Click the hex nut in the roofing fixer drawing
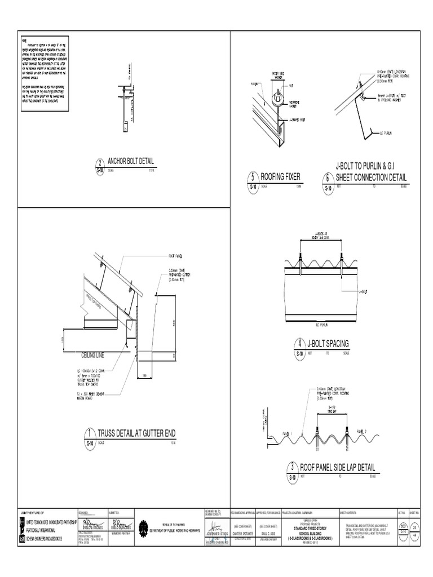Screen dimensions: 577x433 (x=277, y=99)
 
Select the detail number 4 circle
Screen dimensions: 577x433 (x=299, y=347)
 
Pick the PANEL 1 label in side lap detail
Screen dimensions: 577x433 (x=289, y=434)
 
